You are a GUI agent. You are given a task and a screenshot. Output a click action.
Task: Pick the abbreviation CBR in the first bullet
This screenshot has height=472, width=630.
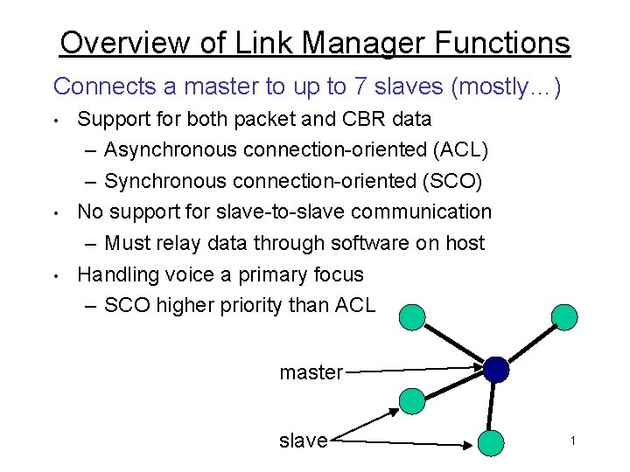click(x=339, y=118)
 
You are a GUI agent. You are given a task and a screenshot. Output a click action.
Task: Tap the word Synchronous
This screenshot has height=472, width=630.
click(x=165, y=181)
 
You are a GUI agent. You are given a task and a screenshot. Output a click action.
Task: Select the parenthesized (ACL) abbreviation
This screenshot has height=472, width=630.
click(x=460, y=149)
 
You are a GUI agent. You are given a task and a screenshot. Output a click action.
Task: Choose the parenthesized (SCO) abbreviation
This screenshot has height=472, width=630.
click(x=457, y=181)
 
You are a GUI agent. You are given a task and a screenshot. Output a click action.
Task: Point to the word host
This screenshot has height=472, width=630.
click(x=465, y=243)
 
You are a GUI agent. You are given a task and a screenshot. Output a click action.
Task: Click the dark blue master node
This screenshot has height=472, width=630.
click(x=496, y=370)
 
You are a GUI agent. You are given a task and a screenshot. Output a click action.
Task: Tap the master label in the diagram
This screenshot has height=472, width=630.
click(x=311, y=372)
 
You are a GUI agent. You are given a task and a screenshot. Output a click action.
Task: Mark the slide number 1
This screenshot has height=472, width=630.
click(x=572, y=441)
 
